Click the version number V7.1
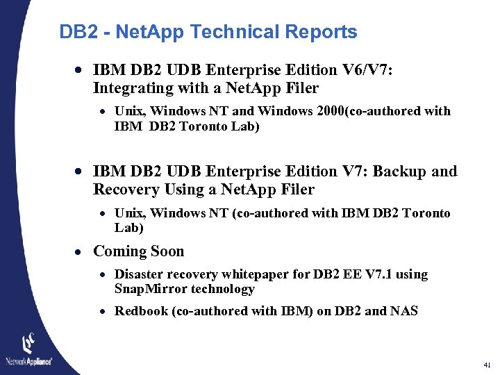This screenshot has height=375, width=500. click(x=376, y=274)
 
